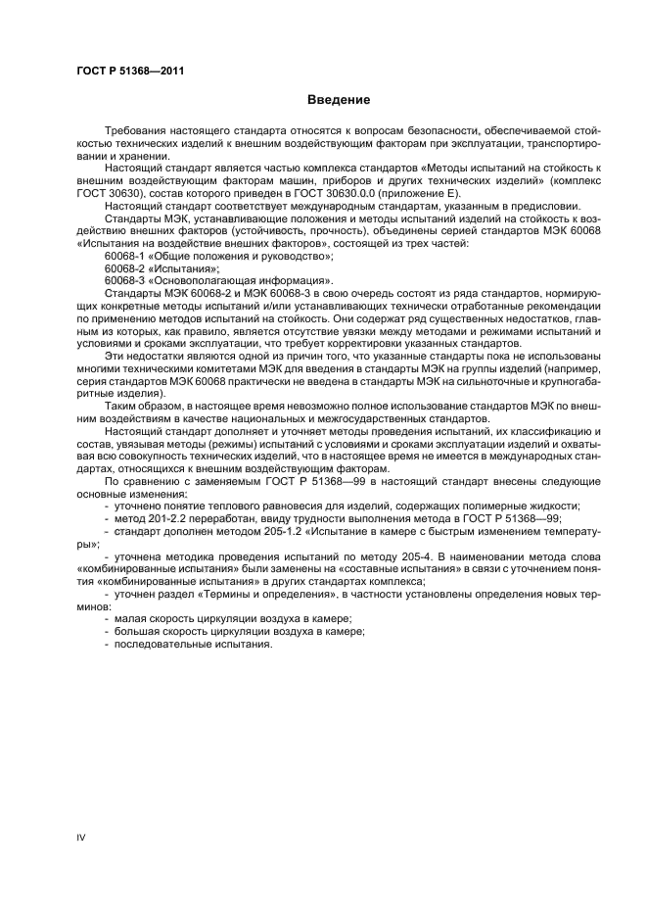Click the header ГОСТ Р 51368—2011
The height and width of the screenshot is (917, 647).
tap(130, 71)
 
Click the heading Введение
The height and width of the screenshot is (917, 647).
tap(339, 100)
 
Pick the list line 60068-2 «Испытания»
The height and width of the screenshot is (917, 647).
tap(162, 267)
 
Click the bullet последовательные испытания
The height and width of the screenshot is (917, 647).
tap(193, 645)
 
